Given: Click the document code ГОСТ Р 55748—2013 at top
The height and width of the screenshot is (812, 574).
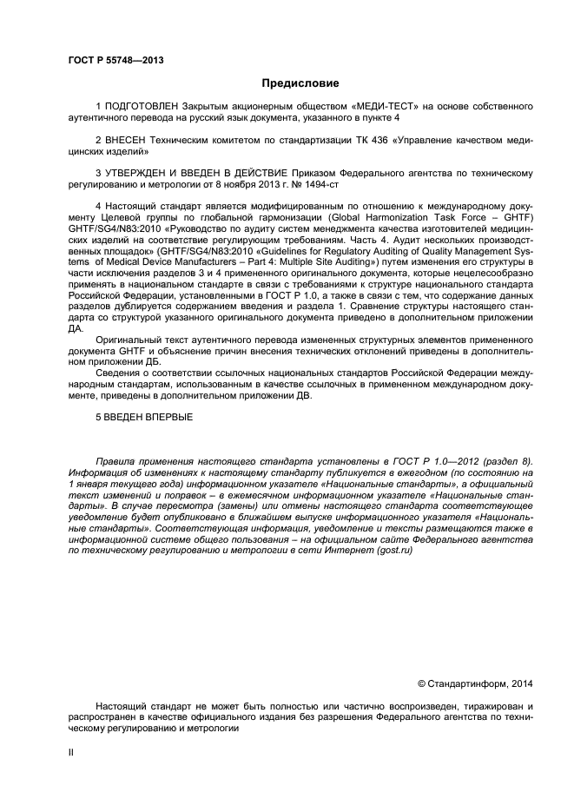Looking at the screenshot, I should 115,61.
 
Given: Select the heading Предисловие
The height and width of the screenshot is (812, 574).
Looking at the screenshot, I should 300,83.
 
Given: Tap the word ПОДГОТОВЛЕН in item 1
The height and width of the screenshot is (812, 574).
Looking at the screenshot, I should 147,106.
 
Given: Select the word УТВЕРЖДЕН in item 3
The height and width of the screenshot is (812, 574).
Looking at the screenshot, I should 141,173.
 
